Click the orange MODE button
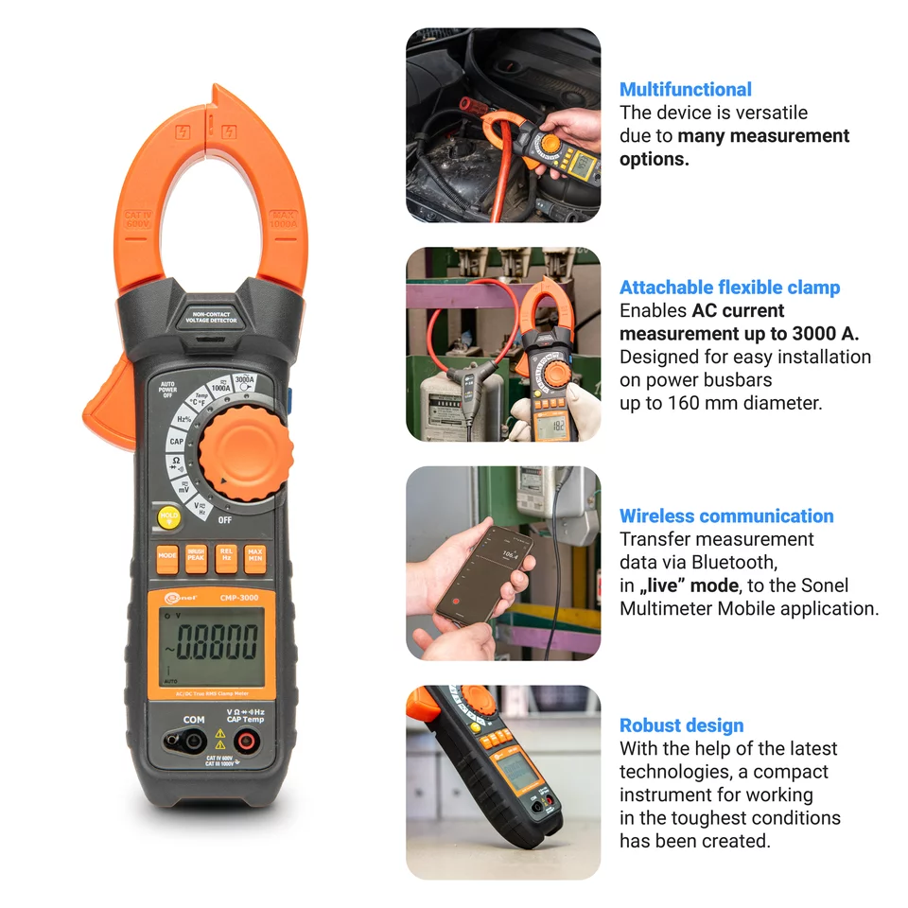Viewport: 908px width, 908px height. point(167,557)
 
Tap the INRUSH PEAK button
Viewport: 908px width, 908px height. point(196,557)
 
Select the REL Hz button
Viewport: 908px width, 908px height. point(225,557)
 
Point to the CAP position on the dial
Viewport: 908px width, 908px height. point(177,441)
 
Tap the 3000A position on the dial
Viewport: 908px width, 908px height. point(245,381)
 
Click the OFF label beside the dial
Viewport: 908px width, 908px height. point(225,519)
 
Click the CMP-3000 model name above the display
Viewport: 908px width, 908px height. point(239,598)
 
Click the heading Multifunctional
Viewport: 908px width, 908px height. point(685,90)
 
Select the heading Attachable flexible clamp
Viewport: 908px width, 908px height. point(729,288)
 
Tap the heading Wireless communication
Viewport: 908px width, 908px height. point(726,516)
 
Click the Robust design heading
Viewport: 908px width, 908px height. point(681,725)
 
